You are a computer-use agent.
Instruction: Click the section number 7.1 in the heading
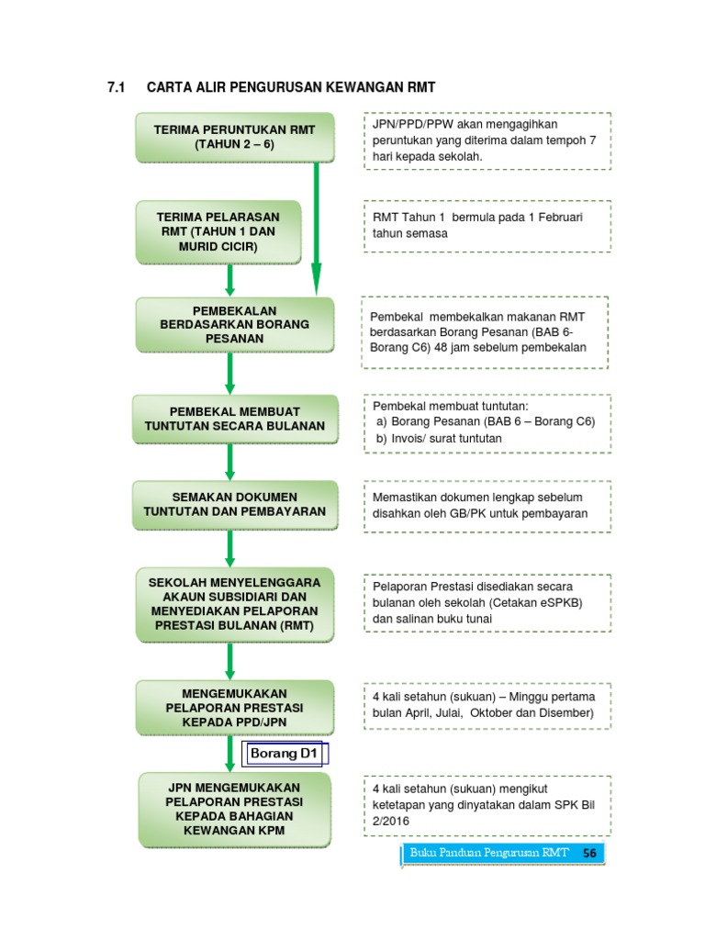tap(116, 88)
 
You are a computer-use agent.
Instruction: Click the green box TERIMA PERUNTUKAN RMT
tap(234, 138)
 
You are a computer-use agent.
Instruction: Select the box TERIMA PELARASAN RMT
tap(219, 231)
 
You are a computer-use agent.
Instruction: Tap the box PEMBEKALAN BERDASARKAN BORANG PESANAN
tap(234, 324)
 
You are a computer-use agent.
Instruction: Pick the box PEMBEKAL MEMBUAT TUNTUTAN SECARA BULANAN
tap(234, 419)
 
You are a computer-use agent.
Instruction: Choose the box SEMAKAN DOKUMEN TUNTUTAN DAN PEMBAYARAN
tap(234, 504)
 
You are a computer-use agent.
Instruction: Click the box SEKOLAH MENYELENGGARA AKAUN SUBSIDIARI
tap(234, 604)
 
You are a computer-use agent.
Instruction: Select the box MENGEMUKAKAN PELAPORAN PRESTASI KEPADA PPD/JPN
tap(234, 708)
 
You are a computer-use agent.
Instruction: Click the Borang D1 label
tap(285, 755)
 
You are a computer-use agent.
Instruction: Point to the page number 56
tap(589, 853)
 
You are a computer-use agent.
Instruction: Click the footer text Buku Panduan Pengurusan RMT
tap(489, 853)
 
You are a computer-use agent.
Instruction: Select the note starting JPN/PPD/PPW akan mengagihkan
tap(487, 140)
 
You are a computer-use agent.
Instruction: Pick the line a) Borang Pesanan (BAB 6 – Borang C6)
tap(485, 421)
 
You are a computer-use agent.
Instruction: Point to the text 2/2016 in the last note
tap(390, 822)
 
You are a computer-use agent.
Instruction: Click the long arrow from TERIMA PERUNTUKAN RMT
tap(317, 225)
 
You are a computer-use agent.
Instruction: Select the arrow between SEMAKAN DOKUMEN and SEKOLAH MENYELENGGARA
tap(229, 548)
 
